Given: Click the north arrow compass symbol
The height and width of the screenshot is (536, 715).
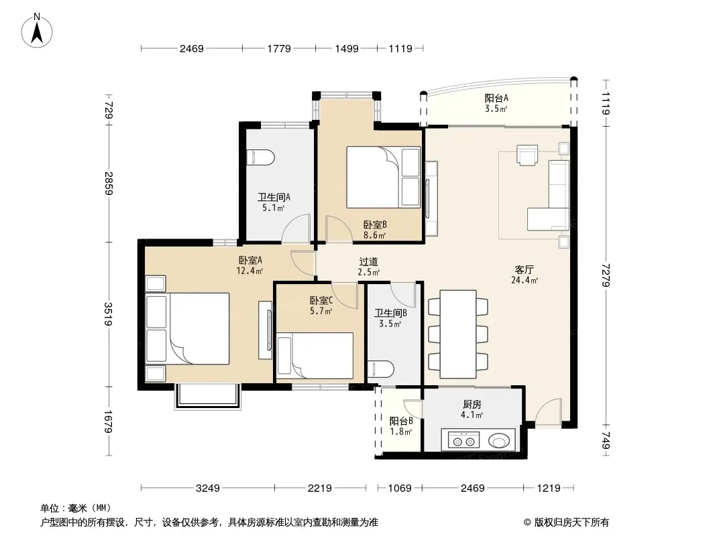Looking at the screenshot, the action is (37, 31).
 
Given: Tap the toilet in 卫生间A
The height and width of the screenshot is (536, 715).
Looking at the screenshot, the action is (260, 157).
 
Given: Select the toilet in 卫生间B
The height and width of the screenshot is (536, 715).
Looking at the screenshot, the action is (381, 369).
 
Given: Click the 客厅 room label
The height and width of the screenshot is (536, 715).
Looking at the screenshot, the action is (525, 269).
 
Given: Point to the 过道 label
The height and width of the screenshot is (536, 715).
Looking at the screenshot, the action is (368, 262).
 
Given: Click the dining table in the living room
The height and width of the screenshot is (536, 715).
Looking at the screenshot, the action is (458, 334).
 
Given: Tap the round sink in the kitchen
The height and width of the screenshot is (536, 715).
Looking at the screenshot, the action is (499, 441).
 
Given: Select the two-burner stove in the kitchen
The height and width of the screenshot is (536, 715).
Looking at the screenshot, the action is (464, 441).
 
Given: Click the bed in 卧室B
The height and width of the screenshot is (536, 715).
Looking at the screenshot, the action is (383, 177).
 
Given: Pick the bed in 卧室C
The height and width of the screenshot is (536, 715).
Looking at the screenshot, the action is (315, 356).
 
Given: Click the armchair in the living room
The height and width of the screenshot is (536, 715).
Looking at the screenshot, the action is (527, 155).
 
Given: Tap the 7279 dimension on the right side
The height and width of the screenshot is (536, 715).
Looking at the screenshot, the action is (606, 275).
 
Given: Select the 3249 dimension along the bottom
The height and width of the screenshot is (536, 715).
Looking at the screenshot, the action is (207, 488).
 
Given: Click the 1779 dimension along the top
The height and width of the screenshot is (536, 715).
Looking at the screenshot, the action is (279, 48).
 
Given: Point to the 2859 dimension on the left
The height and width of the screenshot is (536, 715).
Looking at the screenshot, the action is (109, 184).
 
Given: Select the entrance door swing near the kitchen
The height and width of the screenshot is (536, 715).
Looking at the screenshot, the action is (548, 413).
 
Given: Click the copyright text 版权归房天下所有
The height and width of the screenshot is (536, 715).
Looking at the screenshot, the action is (571, 523).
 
